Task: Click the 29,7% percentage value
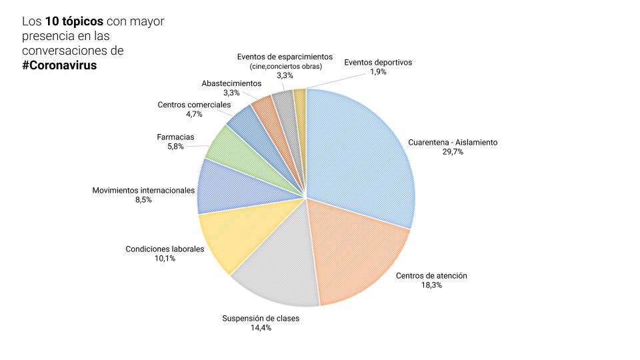pos(453,152)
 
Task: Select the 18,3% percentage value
pos(432,285)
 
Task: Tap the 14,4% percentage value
pos(260,328)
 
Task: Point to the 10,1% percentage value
pos(165,259)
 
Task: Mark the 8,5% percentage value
pos(143,199)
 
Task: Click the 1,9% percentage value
pos(378,72)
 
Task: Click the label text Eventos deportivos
pos(378,62)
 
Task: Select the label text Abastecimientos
pos(231,83)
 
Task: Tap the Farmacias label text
pos(175,137)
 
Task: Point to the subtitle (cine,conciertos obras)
pos(285,67)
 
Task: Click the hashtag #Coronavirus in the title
pos(59,65)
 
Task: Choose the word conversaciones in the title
pos(64,51)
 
